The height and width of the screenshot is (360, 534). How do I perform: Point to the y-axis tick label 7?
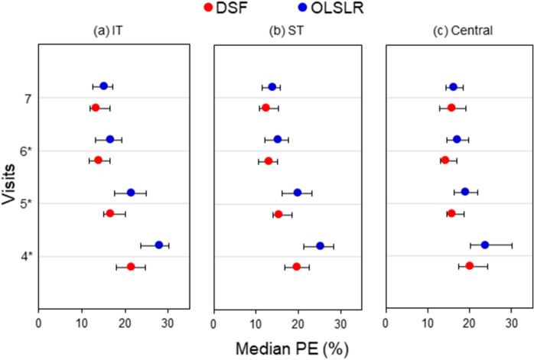point(28,98)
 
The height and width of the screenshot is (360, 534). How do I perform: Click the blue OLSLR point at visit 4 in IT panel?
point(159,245)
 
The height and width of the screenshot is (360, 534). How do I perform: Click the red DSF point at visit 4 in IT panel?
point(131,267)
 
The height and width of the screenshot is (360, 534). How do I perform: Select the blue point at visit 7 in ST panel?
point(272,86)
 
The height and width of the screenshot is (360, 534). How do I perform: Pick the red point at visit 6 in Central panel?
point(445,160)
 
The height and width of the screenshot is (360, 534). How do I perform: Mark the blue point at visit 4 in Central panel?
point(484,245)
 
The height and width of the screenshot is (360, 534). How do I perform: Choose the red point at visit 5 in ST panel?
point(278,214)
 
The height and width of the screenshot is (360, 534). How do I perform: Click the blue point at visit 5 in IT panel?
point(131,193)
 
